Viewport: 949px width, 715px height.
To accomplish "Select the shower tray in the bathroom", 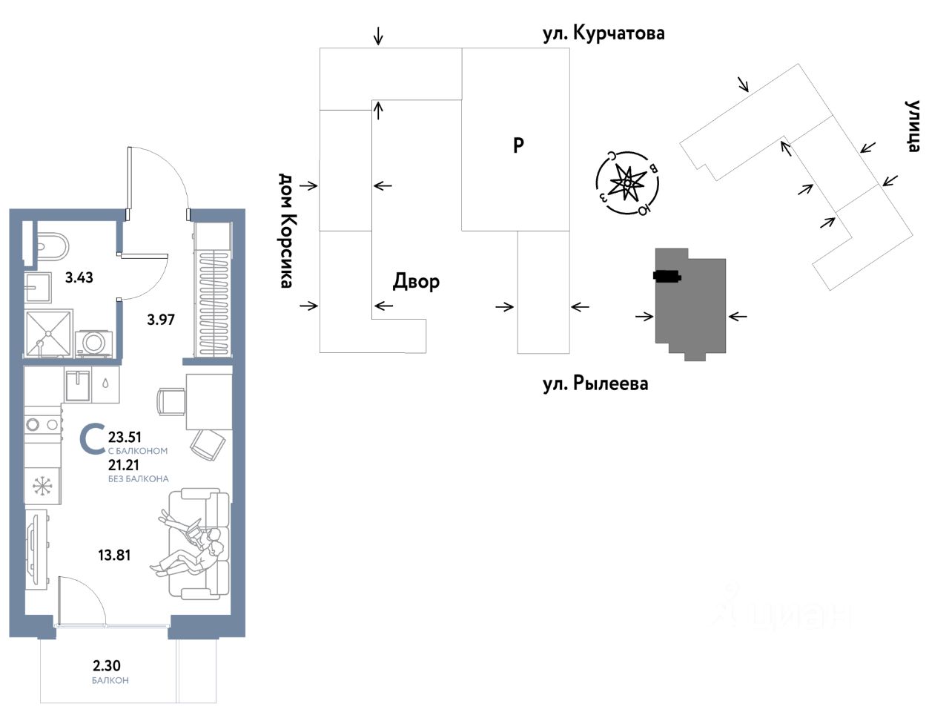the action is (x=49, y=334).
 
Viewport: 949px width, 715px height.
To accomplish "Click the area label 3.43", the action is (x=79, y=278).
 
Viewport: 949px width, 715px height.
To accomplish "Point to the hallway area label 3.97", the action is (x=160, y=320).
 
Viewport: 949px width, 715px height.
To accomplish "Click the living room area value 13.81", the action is (x=114, y=554).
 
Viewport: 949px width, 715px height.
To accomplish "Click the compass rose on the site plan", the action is (x=627, y=182).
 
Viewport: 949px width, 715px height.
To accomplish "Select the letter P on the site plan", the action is (x=518, y=145).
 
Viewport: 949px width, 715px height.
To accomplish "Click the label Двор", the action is (x=416, y=282).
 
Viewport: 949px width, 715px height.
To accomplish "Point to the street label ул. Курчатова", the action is (x=603, y=33).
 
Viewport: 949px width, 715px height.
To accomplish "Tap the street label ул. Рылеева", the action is (x=595, y=383).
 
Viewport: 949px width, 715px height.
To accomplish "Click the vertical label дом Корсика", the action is (x=287, y=230).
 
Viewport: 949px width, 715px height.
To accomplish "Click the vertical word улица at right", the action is (x=913, y=125).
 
